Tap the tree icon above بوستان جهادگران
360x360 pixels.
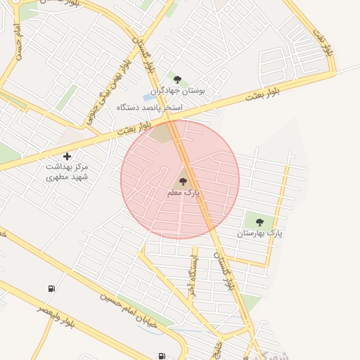(x=176, y=79)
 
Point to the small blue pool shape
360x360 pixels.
(x=150, y=97)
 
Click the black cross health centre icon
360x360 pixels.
(x=67, y=155)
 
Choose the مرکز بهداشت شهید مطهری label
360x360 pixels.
(x=68, y=172)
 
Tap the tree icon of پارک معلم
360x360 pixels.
(x=183, y=181)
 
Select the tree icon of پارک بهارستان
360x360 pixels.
(x=259, y=222)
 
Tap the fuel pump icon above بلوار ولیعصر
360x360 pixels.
(x=51, y=288)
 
